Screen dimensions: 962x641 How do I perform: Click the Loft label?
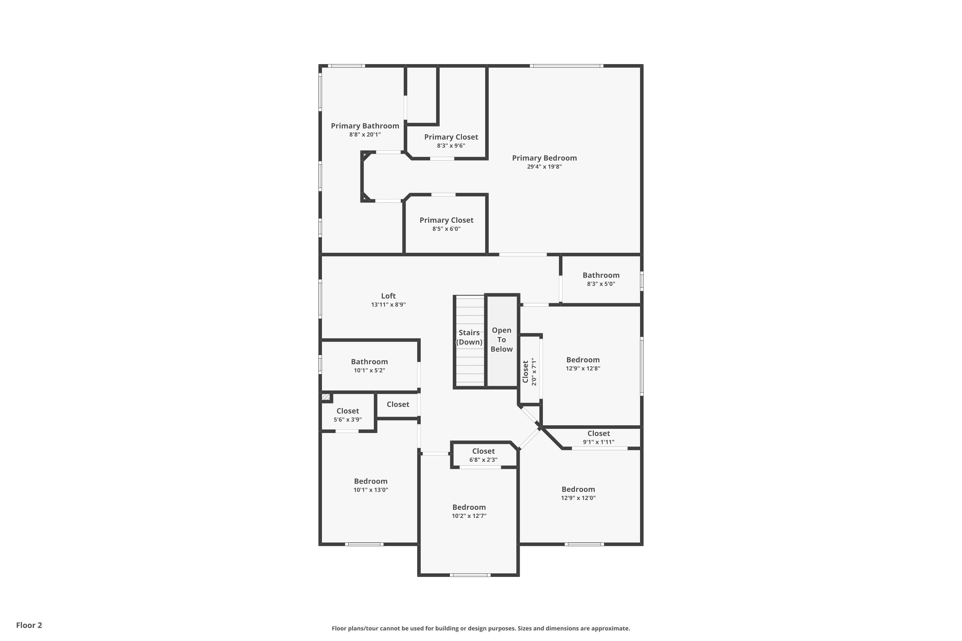coord(388,296)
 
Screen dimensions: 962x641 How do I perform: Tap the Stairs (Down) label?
coord(469,337)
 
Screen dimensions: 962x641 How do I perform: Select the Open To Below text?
coord(502,340)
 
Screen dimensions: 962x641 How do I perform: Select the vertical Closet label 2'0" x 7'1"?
coord(530,371)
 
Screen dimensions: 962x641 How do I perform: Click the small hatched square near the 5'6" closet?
coord(326,397)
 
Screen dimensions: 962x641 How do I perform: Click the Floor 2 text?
coord(29,625)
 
